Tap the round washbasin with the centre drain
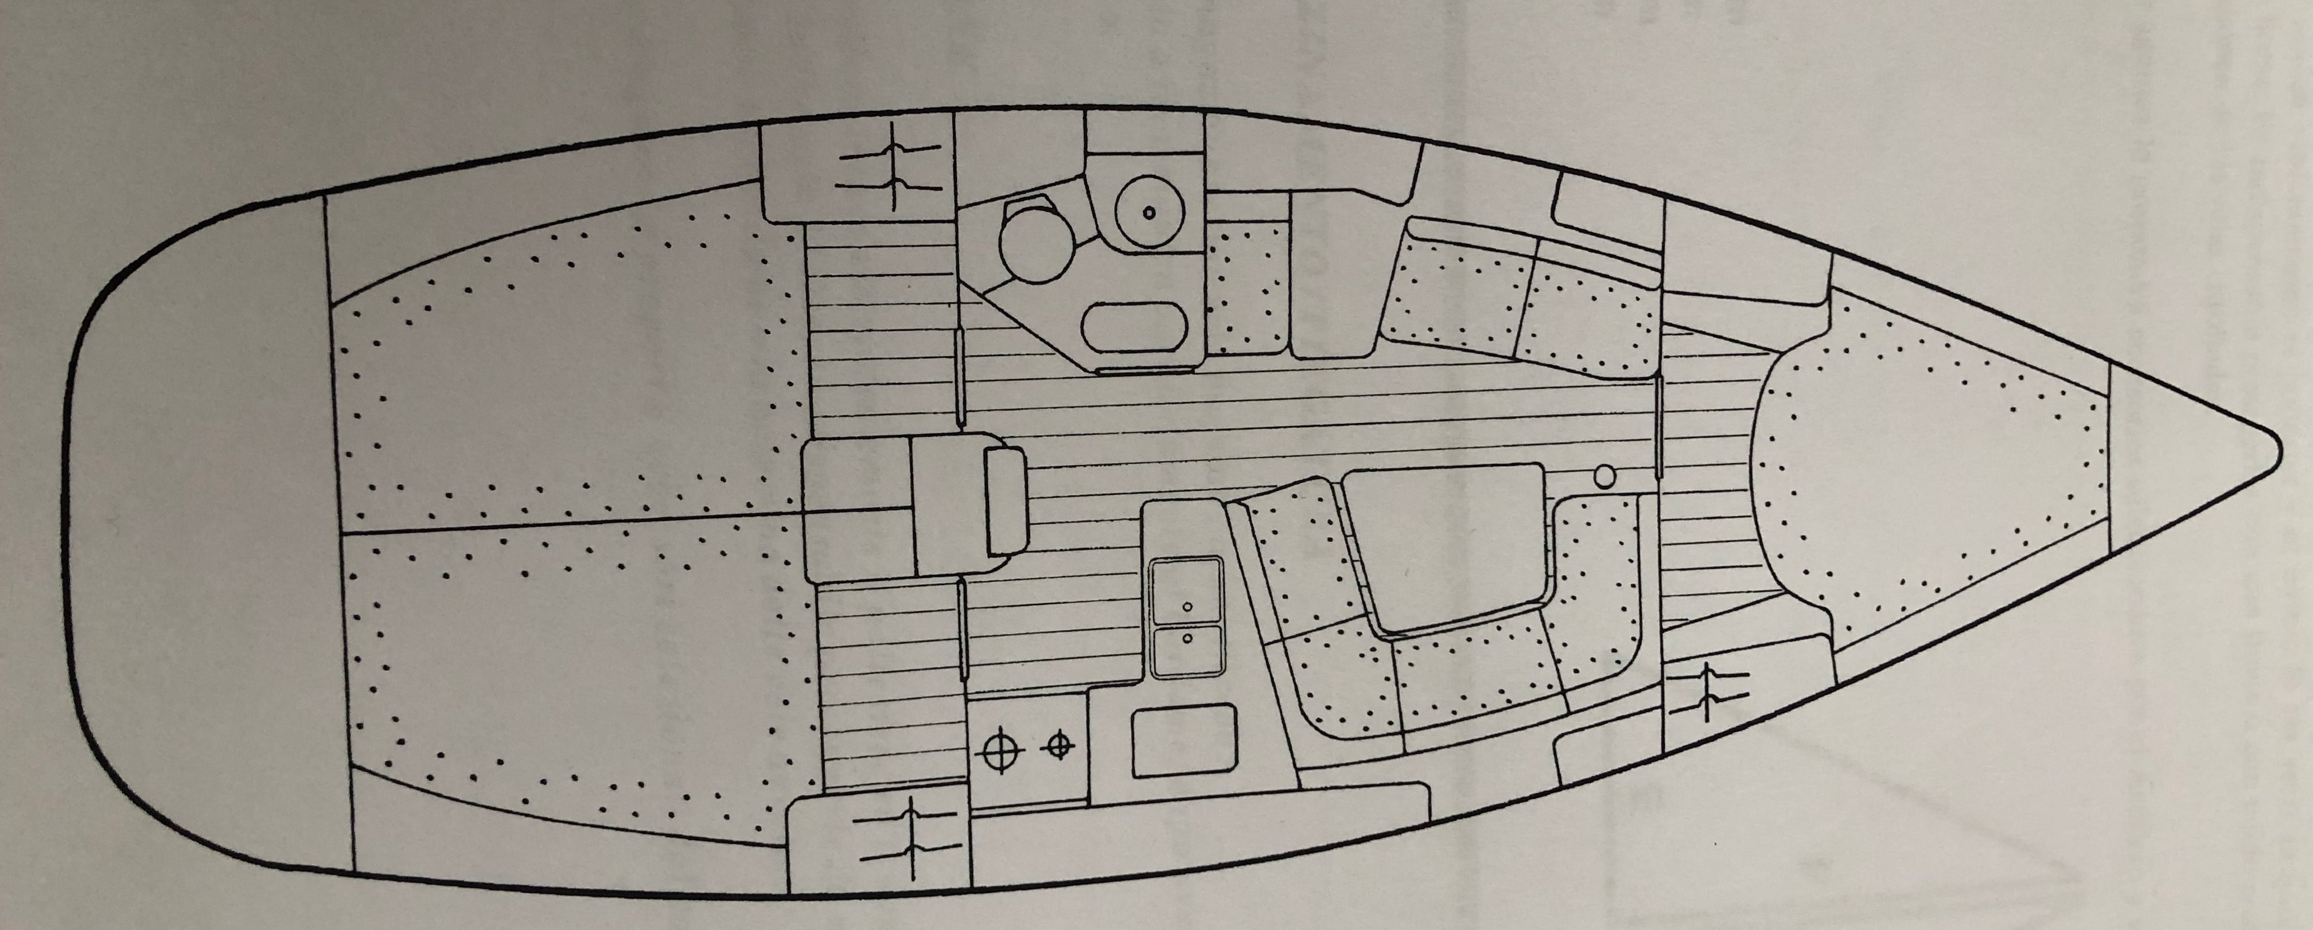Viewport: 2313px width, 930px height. [x=1149, y=212]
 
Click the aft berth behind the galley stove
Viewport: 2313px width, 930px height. [x=575, y=682]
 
